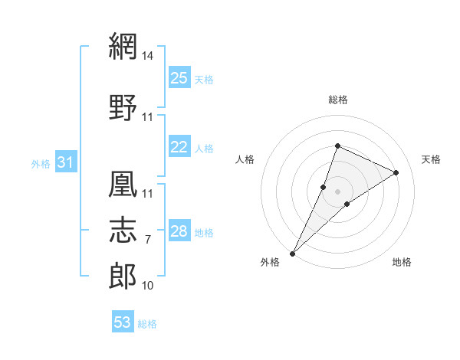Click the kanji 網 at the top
tap(123, 46)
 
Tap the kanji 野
tap(123, 107)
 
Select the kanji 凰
tap(123, 184)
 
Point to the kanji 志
tap(123, 230)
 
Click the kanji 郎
tap(123, 276)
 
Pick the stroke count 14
tap(147, 56)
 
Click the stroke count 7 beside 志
tap(148, 240)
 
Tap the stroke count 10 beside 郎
tap(147, 286)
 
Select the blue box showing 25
tap(179, 77)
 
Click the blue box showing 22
tap(179, 146)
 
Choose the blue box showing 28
tap(179, 230)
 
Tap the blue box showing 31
tap(66, 162)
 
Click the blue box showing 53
tap(123, 321)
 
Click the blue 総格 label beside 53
tap(147, 324)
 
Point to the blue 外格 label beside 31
tap(41, 164)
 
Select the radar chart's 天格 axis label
tap(431, 159)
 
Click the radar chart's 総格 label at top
tap(338, 100)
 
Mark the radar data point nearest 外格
tap(293, 254)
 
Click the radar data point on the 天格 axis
tap(396, 172)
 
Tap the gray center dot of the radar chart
tap(337, 191)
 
